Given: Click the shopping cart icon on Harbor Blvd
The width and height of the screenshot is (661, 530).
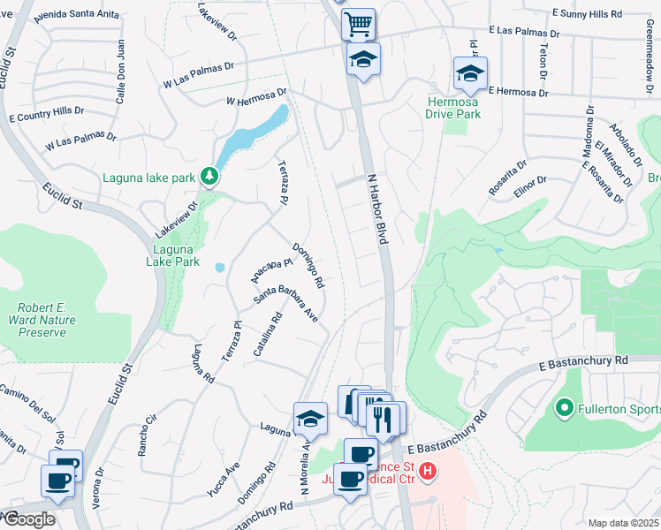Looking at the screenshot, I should pos(358,24).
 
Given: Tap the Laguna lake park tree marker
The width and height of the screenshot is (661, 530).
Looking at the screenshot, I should pos(209,177).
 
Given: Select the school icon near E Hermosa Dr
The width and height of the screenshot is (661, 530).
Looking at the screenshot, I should pos(470,73).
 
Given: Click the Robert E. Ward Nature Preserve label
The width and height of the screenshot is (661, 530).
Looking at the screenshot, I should pos(37,321).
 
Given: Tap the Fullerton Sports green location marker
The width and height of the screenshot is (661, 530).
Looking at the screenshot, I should pos(564,409).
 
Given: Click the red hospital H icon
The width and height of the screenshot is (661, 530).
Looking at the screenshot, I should pos(428,471).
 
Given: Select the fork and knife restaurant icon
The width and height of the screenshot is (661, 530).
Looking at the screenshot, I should pos(381,418).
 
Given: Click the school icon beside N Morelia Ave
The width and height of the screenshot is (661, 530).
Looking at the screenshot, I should pos(309,420).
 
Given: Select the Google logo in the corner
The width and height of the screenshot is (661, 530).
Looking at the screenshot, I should pos(28,519).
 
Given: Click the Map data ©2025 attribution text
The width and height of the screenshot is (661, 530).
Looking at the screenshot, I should pos(624,523).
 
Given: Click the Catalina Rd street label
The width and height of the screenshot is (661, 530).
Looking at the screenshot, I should pos(268,334).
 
